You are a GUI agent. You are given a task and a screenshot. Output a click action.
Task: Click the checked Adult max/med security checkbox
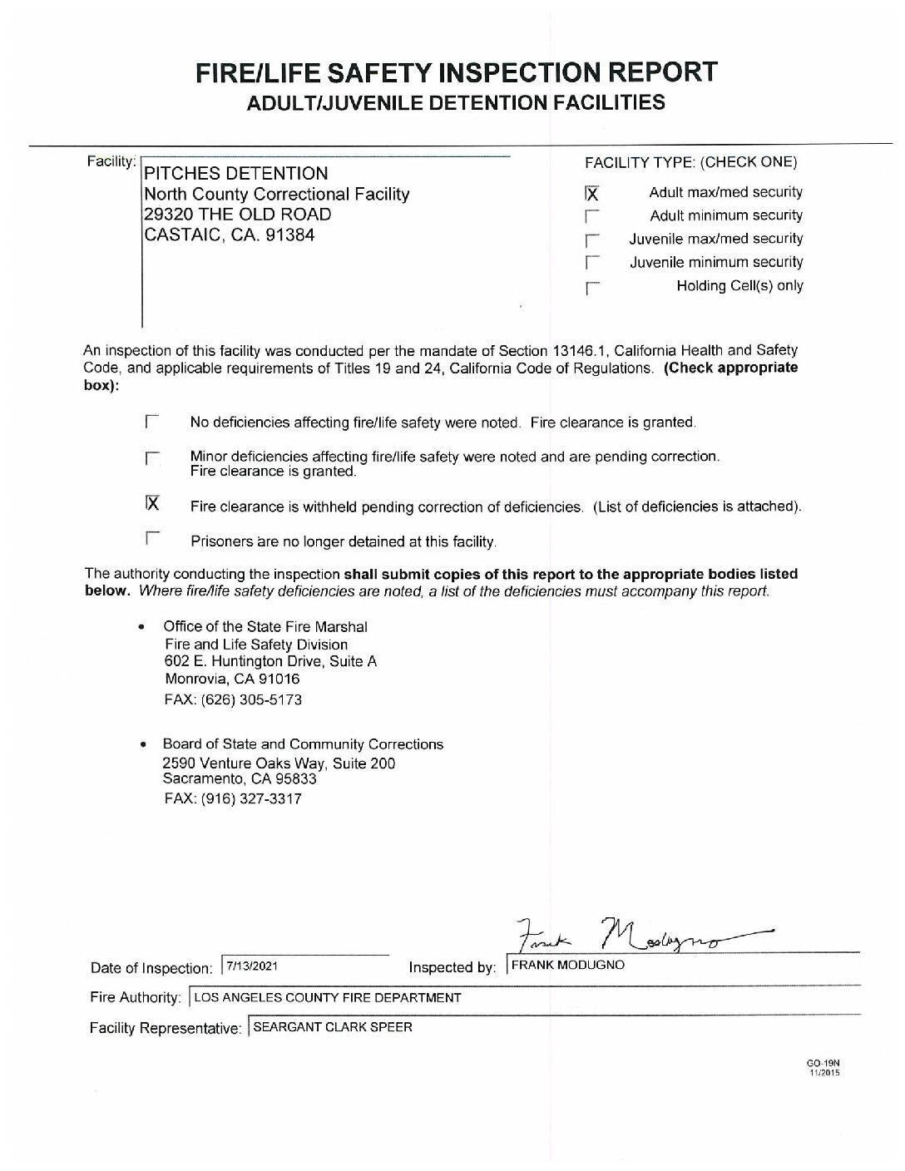point(591,194)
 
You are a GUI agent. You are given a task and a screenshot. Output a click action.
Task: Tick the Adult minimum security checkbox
point(591,217)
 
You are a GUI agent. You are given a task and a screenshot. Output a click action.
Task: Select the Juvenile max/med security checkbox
point(591,240)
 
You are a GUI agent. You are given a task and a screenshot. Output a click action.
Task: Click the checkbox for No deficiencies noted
point(151,422)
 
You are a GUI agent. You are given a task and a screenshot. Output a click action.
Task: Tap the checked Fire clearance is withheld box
point(151,503)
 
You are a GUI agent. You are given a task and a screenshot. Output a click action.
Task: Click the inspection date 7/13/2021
point(252,966)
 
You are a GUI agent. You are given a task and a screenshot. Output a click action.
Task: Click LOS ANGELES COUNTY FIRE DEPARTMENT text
point(328,996)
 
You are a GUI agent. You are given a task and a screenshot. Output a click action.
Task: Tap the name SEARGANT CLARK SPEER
point(332,1027)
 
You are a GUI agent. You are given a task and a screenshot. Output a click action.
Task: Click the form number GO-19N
point(824,1064)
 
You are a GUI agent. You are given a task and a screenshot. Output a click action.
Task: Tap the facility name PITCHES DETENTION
point(236,174)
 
